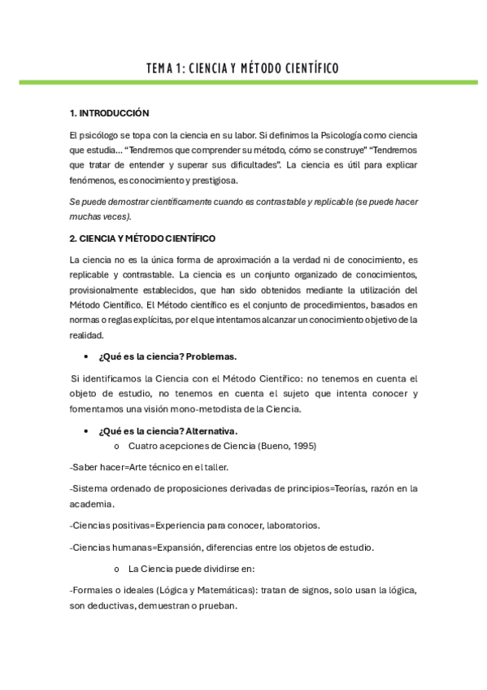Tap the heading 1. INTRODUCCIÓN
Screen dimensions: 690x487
point(110,113)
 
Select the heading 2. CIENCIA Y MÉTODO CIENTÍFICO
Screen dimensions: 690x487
point(143,238)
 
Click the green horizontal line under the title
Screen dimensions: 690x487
point(243,82)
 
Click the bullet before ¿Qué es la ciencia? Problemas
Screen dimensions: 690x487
point(87,357)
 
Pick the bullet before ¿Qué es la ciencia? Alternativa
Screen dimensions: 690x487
point(87,431)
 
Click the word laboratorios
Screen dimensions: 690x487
point(290,525)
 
